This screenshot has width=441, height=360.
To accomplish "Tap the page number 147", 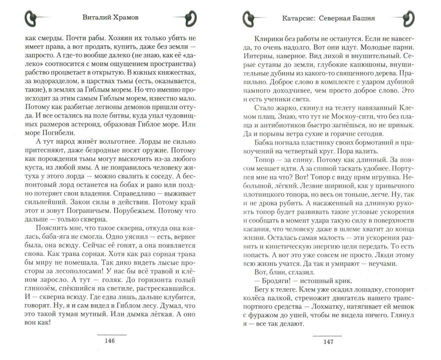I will (328, 341).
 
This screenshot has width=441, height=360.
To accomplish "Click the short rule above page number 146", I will (111, 334).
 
